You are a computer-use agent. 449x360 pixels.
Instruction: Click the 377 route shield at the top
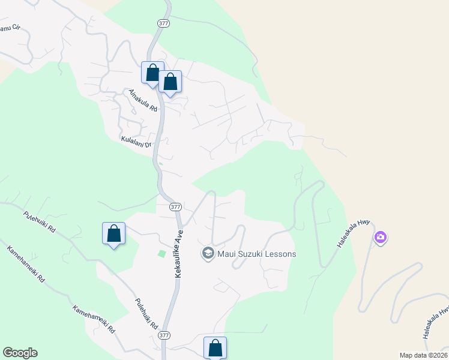pos(164,23)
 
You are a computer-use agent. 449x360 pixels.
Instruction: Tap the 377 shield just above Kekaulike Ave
pos(175,206)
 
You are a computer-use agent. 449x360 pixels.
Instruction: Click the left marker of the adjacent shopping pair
pos(152,73)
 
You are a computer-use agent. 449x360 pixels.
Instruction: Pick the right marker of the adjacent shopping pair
pos(170,82)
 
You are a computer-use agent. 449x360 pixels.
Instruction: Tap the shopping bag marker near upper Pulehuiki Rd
pos(113,233)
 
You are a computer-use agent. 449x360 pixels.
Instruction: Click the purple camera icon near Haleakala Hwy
pos(380,238)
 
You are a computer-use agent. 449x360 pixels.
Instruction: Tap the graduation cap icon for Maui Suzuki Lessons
pos(208,253)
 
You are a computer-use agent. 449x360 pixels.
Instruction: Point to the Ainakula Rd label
pos(143,101)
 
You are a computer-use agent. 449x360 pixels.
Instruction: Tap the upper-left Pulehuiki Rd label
pos(40,222)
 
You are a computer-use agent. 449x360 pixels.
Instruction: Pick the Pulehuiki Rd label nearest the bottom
pos(146,314)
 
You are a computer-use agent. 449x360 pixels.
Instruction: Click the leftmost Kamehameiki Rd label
pos(26,264)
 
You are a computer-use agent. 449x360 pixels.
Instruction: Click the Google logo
pos(20,353)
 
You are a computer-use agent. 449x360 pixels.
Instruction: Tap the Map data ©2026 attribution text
pos(423,355)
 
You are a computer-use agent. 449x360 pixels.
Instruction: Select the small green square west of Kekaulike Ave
pos(161,254)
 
